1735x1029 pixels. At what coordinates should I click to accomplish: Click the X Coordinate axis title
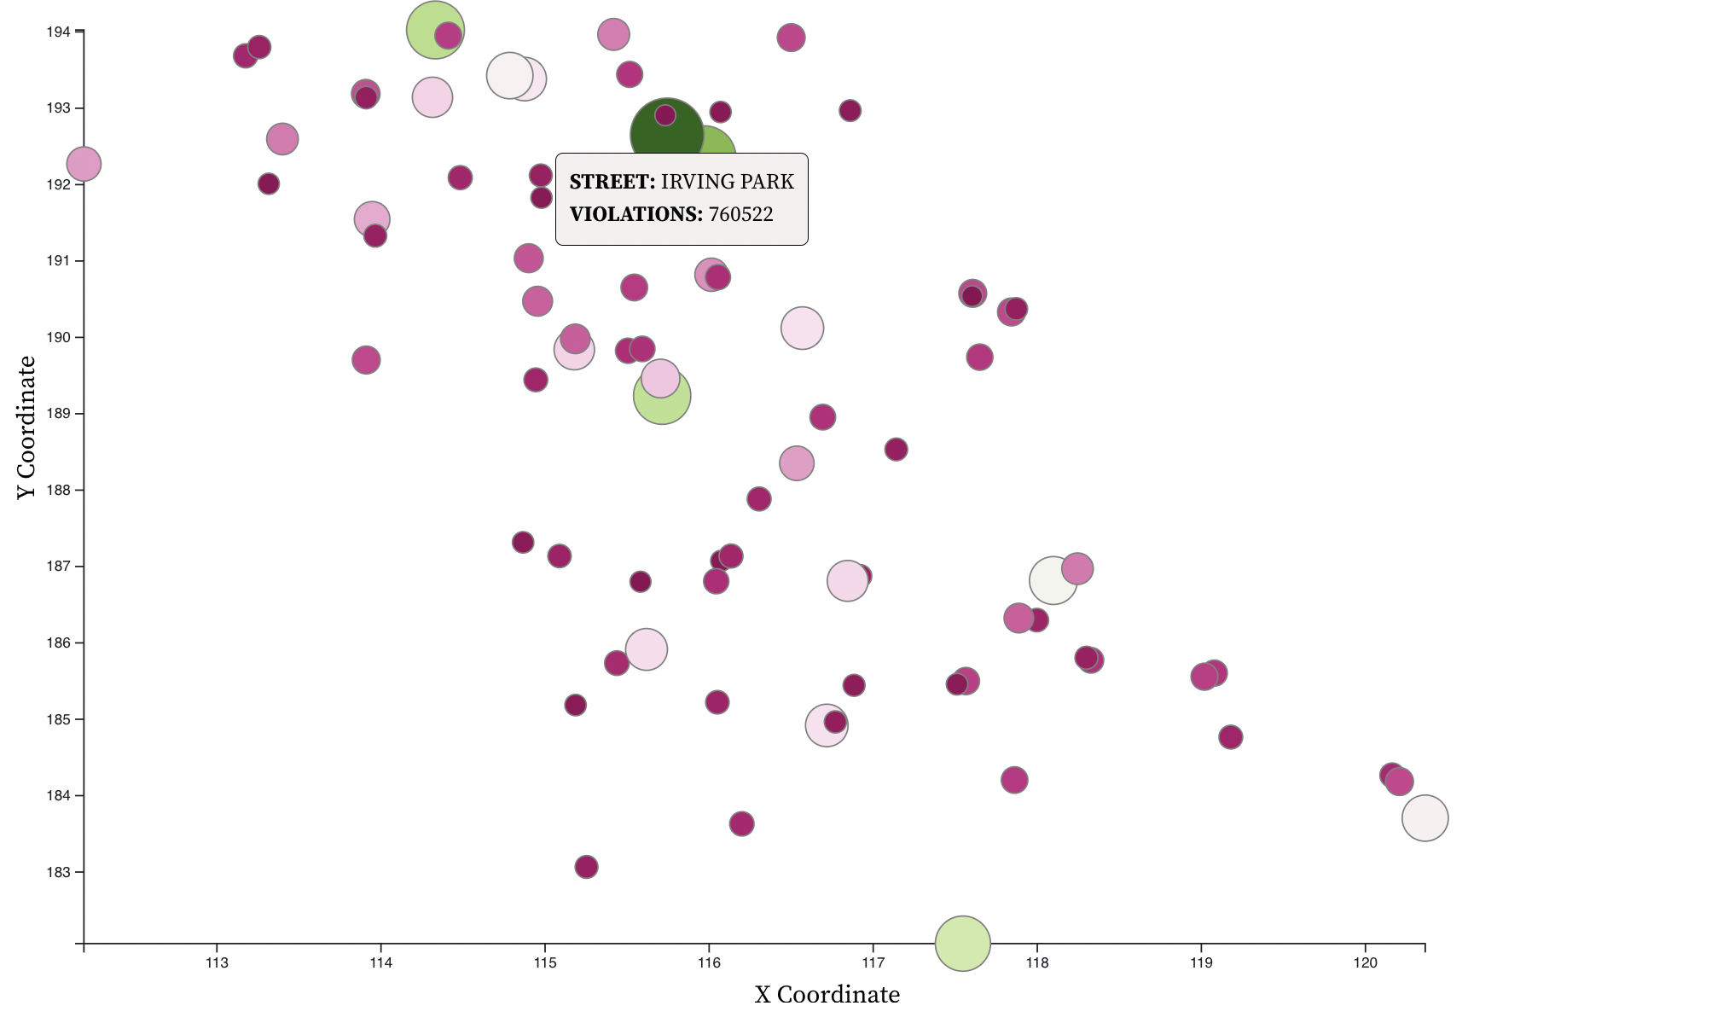(827, 995)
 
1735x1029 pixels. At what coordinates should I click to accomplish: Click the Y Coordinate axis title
(26, 427)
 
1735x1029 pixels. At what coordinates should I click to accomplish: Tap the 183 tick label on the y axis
(59, 872)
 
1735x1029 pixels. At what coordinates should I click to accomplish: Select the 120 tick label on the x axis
(1365, 963)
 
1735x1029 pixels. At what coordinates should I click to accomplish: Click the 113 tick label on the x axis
(217, 963)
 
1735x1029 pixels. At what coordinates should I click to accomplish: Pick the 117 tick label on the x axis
(873, 963)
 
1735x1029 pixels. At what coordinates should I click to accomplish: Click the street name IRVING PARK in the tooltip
(727, 182)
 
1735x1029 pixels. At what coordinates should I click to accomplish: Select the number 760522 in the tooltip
(740, 214)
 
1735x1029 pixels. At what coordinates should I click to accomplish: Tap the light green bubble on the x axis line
(962, 943)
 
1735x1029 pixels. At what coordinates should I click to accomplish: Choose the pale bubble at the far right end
(1425, 817)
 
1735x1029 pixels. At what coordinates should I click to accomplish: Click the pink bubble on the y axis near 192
(84, 163)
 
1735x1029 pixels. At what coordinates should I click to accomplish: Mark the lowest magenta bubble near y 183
(586, 867)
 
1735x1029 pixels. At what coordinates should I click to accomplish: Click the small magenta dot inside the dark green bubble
(665, 115)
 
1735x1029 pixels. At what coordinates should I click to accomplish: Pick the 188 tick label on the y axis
(59, 491)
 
